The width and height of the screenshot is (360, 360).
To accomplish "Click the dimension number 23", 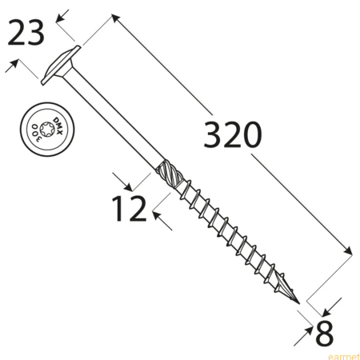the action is click(26, 33).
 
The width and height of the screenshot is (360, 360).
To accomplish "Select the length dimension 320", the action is click(233, 134).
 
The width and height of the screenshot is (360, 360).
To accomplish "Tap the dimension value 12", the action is click(130, 208).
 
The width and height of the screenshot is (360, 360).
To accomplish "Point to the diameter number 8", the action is click(324, 333).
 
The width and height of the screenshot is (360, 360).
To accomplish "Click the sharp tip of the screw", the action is click(299, 303).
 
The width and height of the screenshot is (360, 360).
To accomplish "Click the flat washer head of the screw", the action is click(61, 66).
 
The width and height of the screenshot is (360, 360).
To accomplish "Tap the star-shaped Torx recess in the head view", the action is click(47, 130).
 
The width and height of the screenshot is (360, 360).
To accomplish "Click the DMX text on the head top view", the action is click(58, 126).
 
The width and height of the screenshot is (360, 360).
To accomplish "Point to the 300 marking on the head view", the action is click(36, 133).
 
